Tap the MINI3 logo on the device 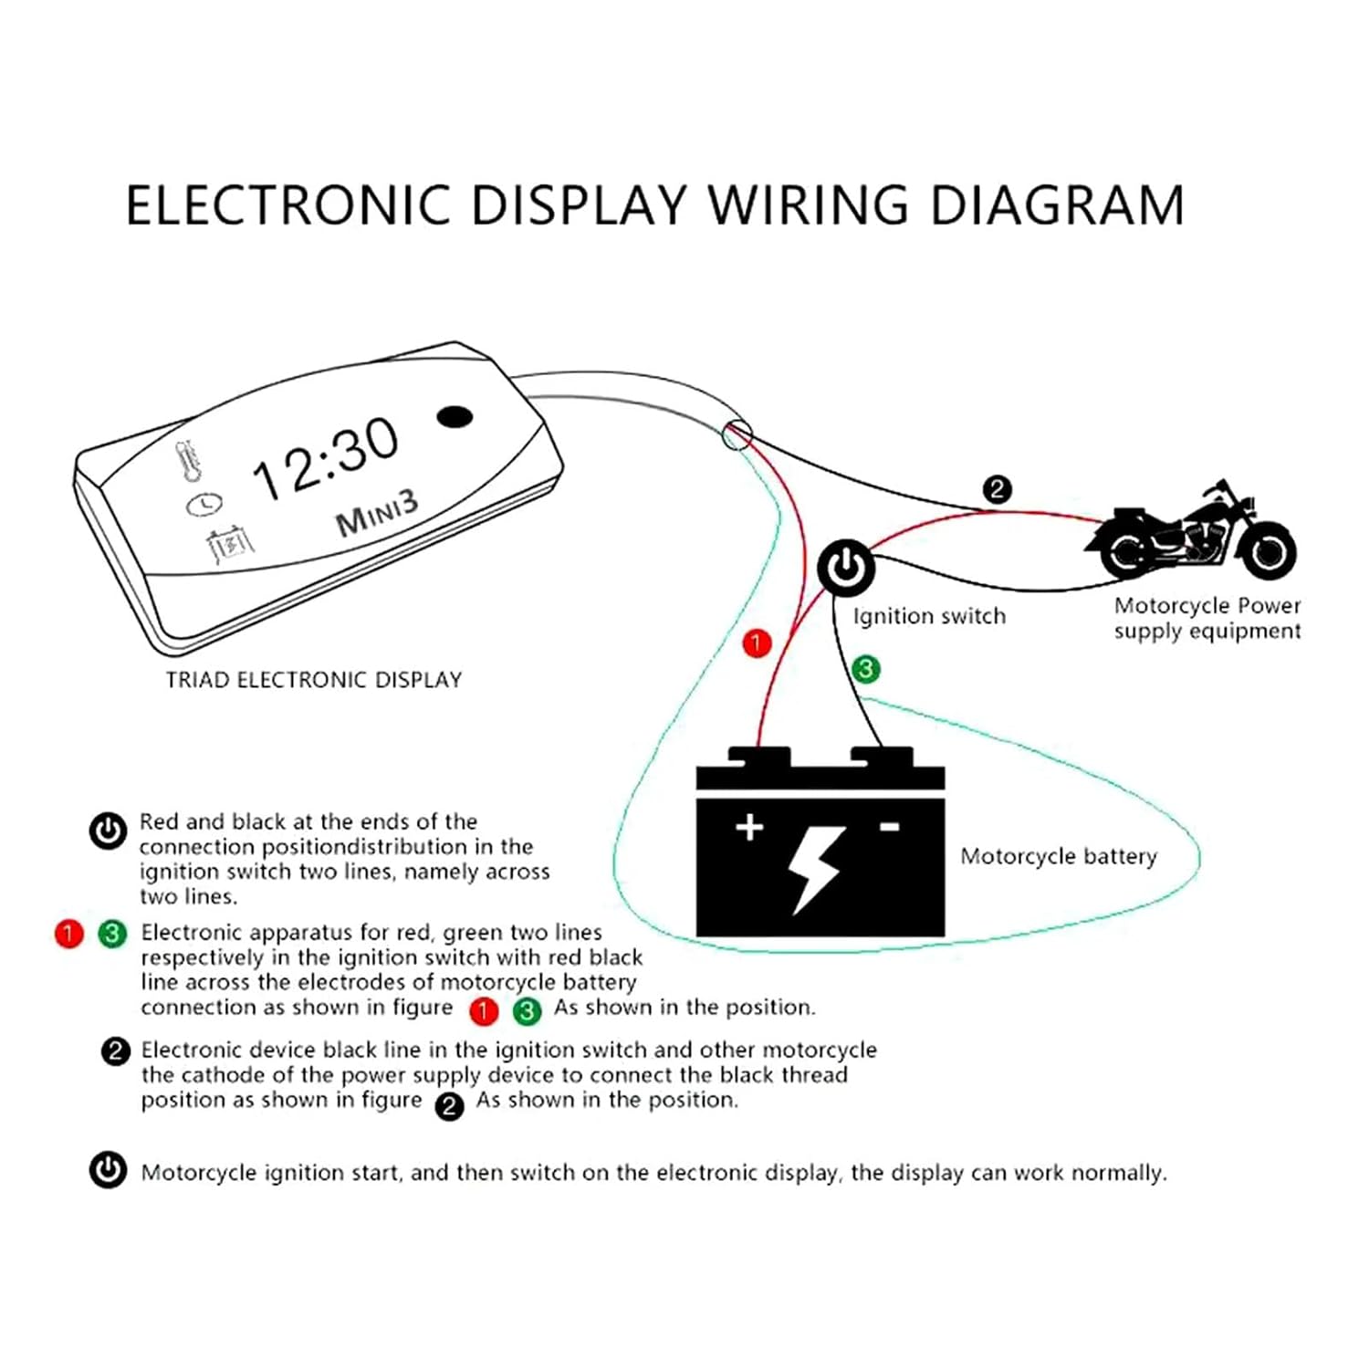click(x=377, y=514)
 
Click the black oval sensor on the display click(x=455, y=417)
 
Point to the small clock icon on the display click(x=204, y=503)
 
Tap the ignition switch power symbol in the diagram click(x=846, y=568)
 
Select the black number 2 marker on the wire click(x=997, y=489)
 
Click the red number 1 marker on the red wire click(x=757, y=643)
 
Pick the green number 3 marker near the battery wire click(x=865, y=669)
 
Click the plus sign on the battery click(x=749, y=827)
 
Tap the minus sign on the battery click(x=889, y=827)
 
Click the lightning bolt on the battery click(x=815, y=868)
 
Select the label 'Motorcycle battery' click(x=1058, y=856)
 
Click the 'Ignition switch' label click(x=929, y=616)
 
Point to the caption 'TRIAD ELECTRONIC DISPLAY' click(x=313, y=680)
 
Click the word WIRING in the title click(x=809, y=204)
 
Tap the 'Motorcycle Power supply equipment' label click(x=1207, y=618)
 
